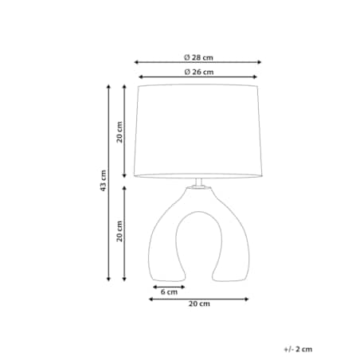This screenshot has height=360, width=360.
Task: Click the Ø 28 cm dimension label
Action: pyautogui.click(x=198, y=57)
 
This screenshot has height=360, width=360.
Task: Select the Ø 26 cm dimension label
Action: pyautogui.click(x=199, y=72)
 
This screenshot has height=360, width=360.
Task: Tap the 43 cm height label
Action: pyautogui.click(x=103, y=181)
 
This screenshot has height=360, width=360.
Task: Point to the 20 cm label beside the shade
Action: pyautogui.click(x=119, y=132)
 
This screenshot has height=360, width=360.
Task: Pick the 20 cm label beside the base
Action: pyautogui.click(x=119, y=231)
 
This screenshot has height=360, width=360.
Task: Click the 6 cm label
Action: pyautogui.click(x=169, y=292)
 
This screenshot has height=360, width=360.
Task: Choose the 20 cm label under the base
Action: pyautogui.click(x=199, y=303)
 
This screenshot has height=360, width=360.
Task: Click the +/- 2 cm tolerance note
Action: pyautogui.click(x=298, y=349)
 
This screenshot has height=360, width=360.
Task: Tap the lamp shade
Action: pyautogui.click(x=198, y=131)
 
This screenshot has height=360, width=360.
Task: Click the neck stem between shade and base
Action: pyautogui.click(x=198, y=182)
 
